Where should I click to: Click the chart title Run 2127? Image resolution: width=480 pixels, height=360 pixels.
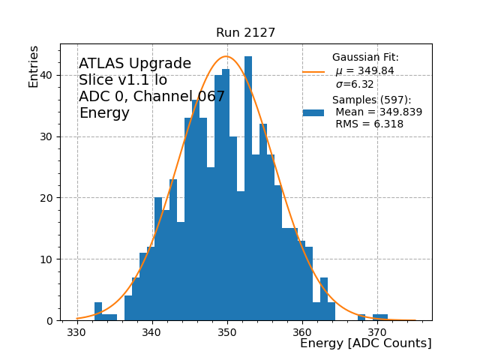(x=245, y=33)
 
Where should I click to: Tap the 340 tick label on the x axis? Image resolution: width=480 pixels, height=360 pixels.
(x=152, y=331)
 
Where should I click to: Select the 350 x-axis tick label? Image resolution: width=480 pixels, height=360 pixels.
(x=227, y=331)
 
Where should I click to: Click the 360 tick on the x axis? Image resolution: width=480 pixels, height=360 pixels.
(x=302, y=331)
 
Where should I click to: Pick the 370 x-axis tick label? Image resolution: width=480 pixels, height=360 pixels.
(x=377, y=331)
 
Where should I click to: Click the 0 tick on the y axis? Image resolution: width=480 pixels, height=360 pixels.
(x=51, y=321)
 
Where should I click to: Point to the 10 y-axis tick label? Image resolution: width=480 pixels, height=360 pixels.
(x=48, y=259)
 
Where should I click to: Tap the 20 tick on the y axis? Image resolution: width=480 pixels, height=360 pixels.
(x=48, y=198)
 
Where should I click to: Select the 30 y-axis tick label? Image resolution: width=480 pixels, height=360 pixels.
(x=48, y=136)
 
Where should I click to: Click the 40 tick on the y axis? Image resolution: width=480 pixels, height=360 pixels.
(x=48, y=75)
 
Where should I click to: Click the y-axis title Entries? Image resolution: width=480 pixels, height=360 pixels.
(x=34, y=66)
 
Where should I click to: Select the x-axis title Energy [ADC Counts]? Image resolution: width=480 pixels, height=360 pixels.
(x=365, y=343)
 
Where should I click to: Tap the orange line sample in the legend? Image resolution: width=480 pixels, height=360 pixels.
(x=313, y=72)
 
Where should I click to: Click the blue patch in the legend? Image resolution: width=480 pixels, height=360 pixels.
(x=313, y=112)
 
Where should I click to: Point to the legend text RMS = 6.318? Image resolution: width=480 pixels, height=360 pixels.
(x=369, y=124)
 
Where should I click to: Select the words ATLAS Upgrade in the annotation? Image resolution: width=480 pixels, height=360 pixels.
(x=135, y=64)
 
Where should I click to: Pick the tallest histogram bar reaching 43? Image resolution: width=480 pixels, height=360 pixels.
(x=248, y=187)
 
